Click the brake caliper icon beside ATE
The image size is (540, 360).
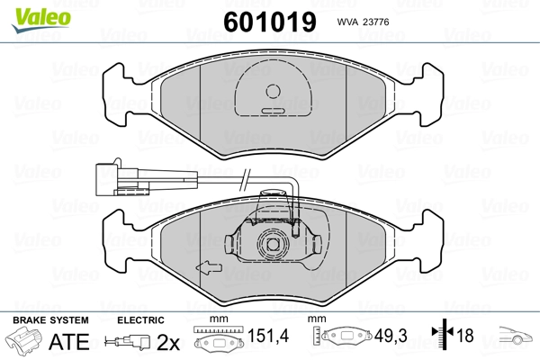24,343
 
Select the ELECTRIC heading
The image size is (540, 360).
140,320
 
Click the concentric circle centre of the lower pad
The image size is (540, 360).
271,244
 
